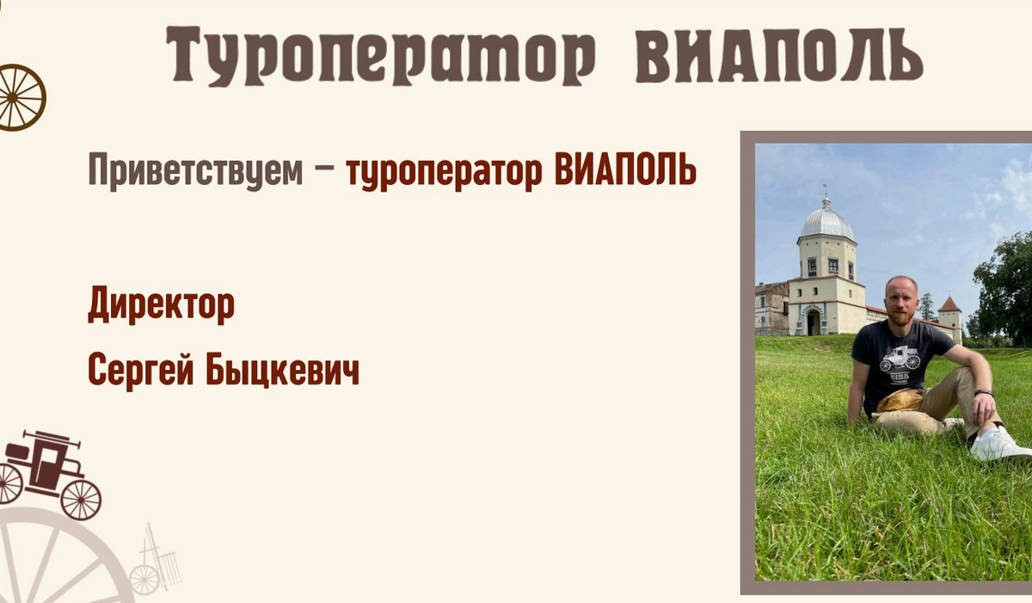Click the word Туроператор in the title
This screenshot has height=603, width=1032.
tap(380, 56)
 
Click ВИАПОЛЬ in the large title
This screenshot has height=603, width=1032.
tap(779, 55)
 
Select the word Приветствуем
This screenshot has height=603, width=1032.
tap(195, 171)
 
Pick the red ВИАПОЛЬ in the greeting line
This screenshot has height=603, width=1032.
tap(626, 169)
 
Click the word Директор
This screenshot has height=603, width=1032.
tap(162, 305)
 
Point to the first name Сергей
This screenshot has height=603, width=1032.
tap(141, 372)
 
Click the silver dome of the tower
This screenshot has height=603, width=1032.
tap(827, 223)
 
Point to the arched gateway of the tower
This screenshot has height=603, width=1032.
tap(814, 322)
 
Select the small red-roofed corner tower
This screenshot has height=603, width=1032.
tap(949, 318)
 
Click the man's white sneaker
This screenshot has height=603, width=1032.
tap(998, 445)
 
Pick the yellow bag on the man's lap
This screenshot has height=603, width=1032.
tap(900, 400)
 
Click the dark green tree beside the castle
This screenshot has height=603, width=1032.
tap(1004, 288)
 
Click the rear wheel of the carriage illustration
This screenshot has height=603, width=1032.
tap(81, 500)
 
